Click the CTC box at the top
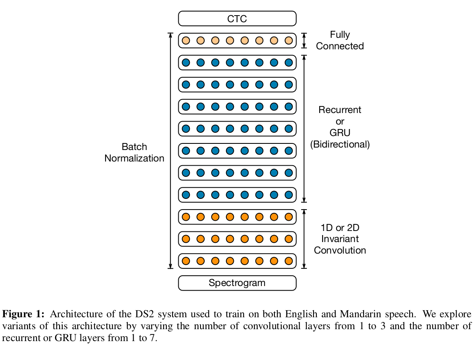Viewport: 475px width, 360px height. click(237, 18)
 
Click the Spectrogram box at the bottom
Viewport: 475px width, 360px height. click(237, 283)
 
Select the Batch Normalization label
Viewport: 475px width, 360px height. click(134, 152)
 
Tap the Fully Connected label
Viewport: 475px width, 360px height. click(340, 40)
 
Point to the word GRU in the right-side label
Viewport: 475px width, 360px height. click(340, 133)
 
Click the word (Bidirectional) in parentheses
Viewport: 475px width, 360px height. click(340, 144)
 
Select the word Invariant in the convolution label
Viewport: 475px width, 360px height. click(340, 239)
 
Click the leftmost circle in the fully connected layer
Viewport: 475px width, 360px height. click(186, 40)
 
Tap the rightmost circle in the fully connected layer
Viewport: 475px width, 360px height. click(288, 40)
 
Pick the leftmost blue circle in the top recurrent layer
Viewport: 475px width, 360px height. click(186, 62)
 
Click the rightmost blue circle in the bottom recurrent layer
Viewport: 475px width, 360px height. click(288, 194)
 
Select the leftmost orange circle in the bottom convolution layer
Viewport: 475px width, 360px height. click(186, 261)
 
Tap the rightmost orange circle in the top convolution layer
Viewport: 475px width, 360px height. click(288, 217)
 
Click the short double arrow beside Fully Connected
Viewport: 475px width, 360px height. click(304, 40)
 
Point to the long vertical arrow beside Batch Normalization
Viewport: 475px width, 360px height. click(171, 150)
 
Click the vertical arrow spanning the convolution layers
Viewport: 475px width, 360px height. click(304, 239)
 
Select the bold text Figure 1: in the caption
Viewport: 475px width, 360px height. click(23, 314)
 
